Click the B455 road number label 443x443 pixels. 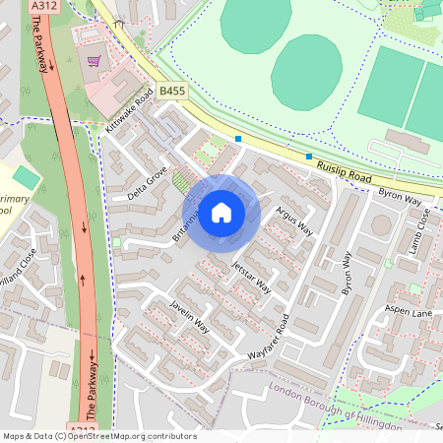[171, 91]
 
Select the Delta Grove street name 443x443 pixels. [148, 181]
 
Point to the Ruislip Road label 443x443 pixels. [344, 174]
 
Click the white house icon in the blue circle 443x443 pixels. [221, 212]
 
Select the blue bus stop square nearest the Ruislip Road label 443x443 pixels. [309, 157]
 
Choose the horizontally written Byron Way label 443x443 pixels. [400, 196]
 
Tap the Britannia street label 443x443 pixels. [186, 225]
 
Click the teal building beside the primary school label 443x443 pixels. [27, 177]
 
